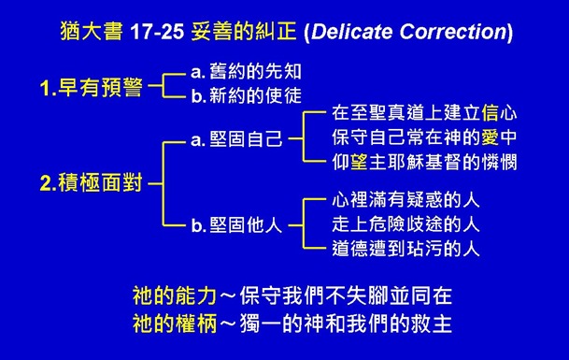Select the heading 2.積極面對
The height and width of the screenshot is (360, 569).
pos(91,183)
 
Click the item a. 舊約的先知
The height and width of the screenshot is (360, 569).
pos(246,72)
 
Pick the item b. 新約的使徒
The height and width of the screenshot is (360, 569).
pos(246,94)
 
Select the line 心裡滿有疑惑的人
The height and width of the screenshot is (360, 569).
pos(406,201)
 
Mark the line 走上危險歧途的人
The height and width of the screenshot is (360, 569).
pos(406,224)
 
